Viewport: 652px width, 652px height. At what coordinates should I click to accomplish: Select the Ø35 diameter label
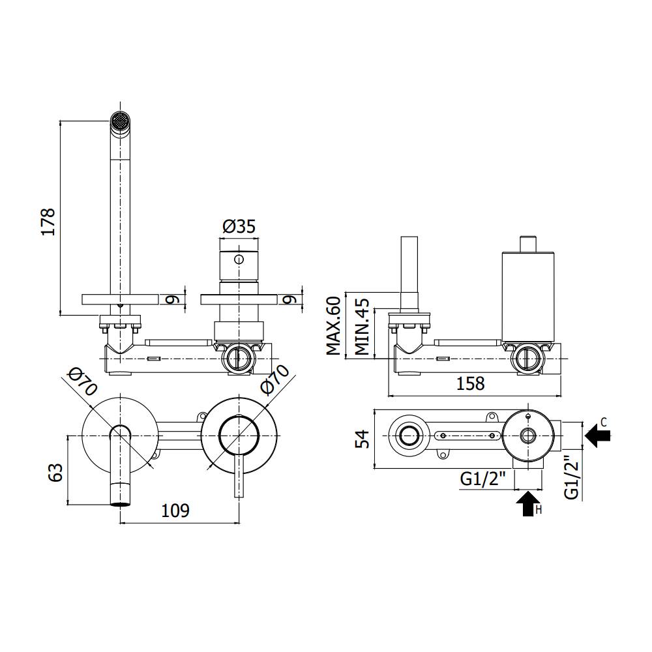click(x=239, y=226)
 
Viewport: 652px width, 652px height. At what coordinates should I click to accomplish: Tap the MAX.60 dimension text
click(x=334, y=325)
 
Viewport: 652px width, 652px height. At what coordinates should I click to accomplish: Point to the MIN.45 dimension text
click(x=363, y=326)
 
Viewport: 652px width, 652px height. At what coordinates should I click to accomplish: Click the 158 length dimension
click(x=470, y=383)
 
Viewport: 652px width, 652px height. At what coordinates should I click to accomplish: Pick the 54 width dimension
click(x=362, y=437)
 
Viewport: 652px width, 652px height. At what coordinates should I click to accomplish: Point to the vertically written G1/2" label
click(x=571, y=477)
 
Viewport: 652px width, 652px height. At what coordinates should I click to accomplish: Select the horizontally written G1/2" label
click(x=483, y=479)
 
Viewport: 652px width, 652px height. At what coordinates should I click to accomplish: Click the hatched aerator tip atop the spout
click(x=119, y=121)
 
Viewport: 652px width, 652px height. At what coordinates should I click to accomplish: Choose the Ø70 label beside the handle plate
click(x=274, y=379)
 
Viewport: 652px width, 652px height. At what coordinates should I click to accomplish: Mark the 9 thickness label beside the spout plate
click(x=171, y=299)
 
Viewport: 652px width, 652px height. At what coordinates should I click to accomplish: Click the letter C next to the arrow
click(x=604, y=422)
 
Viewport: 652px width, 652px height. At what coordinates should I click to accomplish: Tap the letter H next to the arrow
click(x=539, y=510)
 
